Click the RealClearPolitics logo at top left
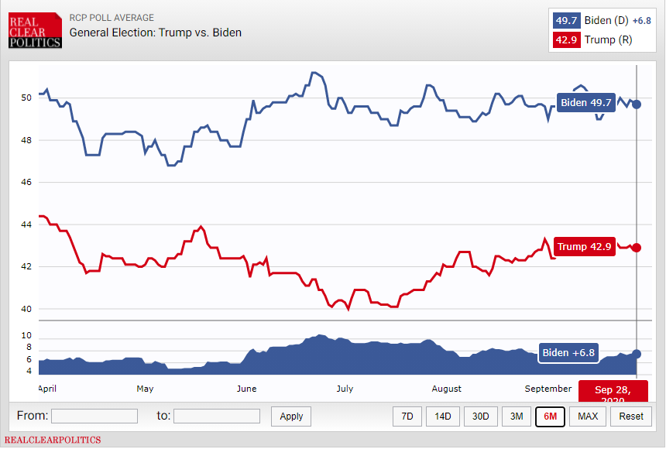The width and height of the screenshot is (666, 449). point(35,30)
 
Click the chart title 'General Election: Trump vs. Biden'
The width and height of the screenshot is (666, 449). point(155,33)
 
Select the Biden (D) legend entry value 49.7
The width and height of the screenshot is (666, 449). point(567,21)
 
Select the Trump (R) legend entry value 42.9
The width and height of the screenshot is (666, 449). point(567,39)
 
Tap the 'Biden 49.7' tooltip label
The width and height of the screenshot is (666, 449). point(585,102)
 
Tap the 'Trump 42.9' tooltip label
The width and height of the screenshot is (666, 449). point(585,247)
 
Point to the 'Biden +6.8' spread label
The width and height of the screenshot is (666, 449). point(568,353)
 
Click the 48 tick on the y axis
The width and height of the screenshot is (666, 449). point(26,140)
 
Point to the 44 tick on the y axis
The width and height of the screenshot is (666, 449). point(26,224)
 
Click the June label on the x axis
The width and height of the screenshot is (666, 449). point(245,389)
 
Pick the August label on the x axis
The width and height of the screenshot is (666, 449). point(446,389)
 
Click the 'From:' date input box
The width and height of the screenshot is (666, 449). point(94,416)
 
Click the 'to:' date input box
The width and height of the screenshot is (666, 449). point(217,416)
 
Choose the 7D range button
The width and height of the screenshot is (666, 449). point(407,416)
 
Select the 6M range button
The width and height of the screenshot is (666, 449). point(550,416)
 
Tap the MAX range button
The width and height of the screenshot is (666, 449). point(588,416)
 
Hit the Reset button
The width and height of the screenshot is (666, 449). point(630,416)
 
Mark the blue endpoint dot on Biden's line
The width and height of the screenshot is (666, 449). point(637,104)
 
